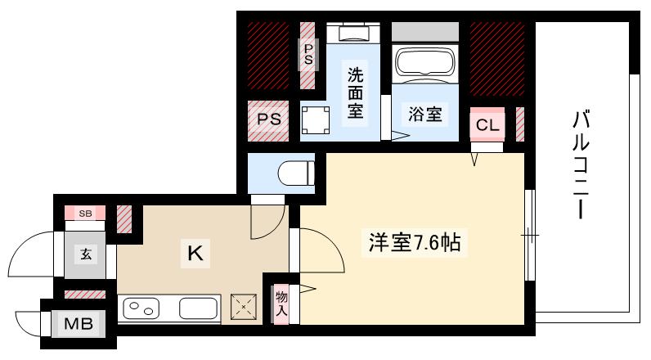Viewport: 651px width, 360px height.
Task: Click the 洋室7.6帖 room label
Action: (x=415, y=243)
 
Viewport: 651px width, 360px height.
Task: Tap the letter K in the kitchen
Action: (x=195, y=253)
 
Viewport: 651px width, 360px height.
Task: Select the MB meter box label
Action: (x=79, y=323)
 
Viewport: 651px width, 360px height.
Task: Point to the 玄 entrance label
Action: (x=86, y=254)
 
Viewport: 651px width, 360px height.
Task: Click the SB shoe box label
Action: (x=85, y=214)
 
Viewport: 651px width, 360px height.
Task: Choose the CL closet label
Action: (x=487, y=125)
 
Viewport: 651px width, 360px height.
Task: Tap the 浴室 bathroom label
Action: (x=424, y=114)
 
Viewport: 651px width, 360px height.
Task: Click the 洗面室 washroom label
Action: (x=356, y=93)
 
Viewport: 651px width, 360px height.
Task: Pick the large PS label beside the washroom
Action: (x=268, y=119)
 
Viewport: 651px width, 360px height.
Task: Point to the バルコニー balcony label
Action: (x=581, y=164)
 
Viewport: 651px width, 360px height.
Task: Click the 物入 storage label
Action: (x=281, y=304)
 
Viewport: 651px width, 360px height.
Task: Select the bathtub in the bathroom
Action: (x=425, y=62)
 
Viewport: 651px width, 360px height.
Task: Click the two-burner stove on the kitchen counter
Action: (x=141, y=308)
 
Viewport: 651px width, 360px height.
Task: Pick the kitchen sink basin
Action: (x=199, y=308)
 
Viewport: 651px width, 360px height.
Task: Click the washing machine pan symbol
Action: (x=316, y=120)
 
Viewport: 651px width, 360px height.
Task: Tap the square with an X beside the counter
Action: (x=244, y=307)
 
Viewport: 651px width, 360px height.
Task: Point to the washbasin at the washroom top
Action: (x=353, y=34)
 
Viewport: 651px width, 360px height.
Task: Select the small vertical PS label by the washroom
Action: (x=308, y=54)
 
